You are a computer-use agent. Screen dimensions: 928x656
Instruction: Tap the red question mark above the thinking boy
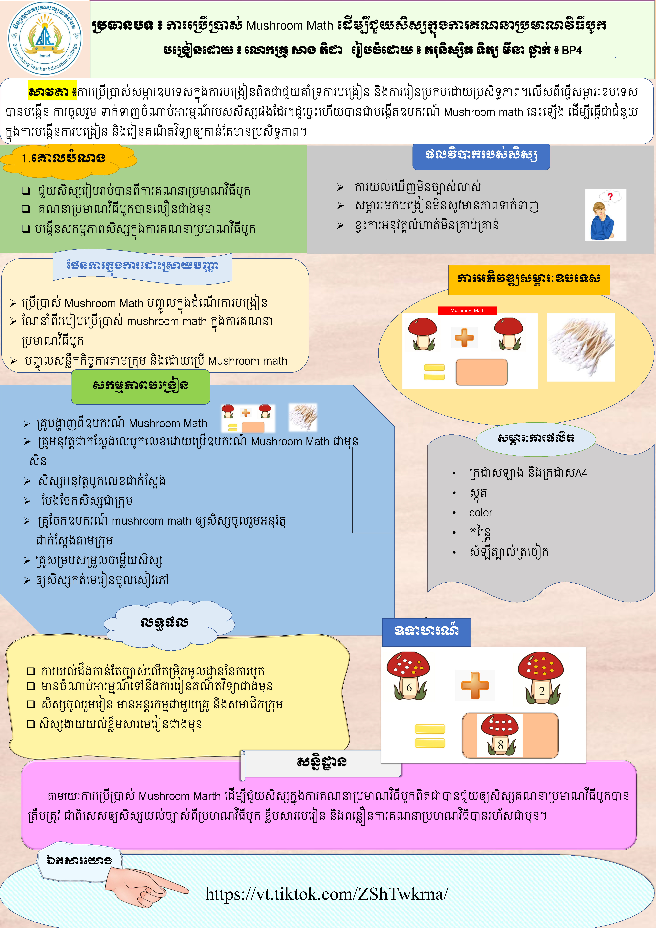[610, 197]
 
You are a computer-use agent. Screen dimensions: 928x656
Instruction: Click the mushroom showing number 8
[500, 734]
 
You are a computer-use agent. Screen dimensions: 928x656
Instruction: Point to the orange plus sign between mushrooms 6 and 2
[475, 685]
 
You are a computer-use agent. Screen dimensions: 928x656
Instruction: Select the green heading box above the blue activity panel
[141, 386]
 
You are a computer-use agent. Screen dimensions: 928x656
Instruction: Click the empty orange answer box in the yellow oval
[481, 372]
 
